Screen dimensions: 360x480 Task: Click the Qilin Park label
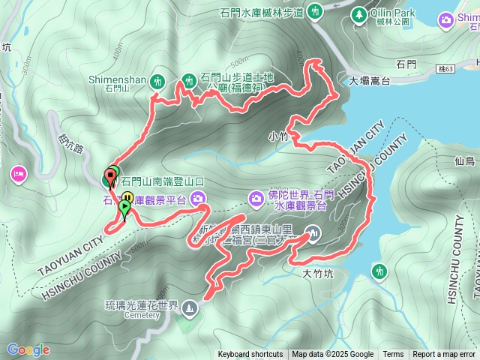(394, 13)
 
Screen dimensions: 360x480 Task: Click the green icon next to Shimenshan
(157, 80)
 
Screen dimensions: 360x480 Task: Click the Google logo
(28, 349)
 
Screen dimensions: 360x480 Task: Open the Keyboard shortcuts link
(250, 355)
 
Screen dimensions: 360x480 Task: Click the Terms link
(393, 355)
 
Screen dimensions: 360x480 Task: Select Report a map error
(444, 355)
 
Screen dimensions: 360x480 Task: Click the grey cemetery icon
(189, 306)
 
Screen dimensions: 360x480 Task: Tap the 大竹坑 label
(316, 274)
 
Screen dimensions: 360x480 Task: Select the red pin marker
(112, 177)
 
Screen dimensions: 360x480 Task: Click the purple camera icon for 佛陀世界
(256, 197)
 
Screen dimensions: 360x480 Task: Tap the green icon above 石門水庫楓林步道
(316, 11)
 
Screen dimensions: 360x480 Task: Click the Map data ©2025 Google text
(333, 355)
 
